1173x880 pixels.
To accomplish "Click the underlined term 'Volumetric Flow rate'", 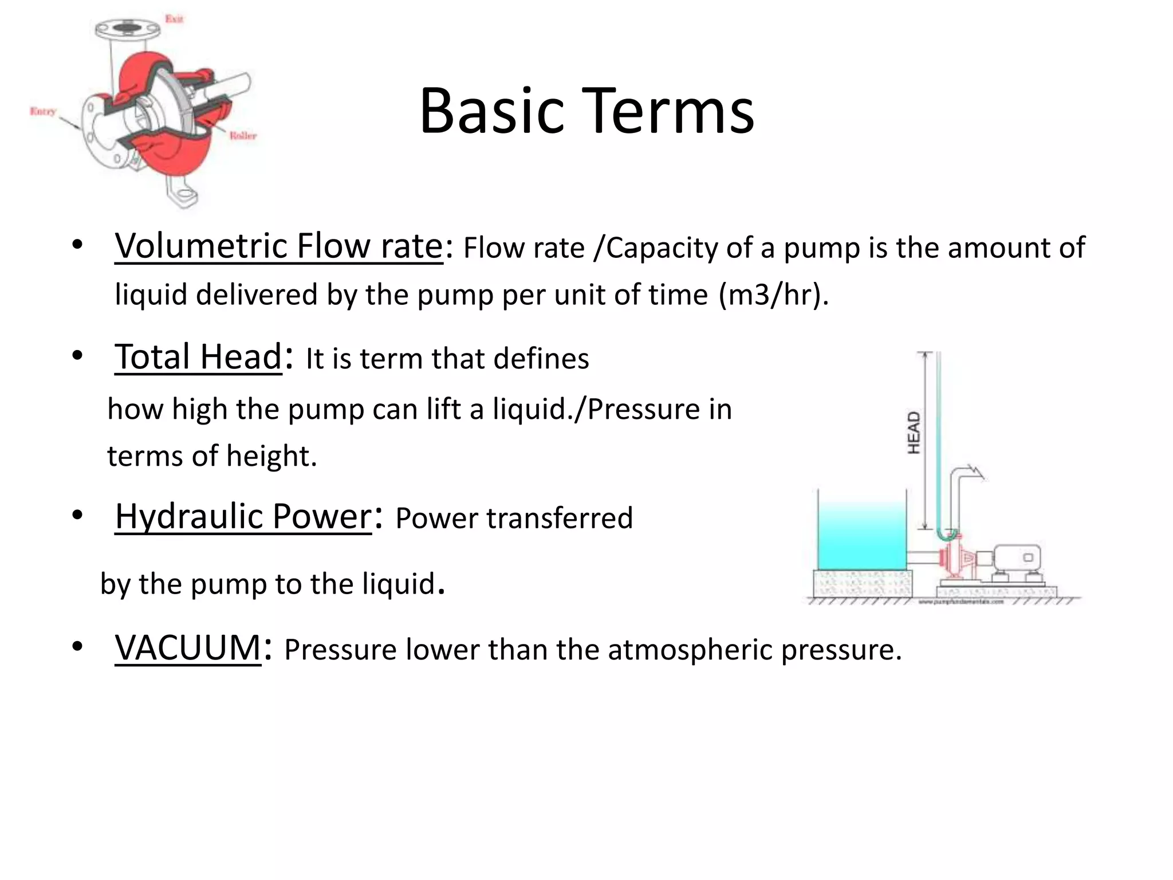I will [x=279, y=246].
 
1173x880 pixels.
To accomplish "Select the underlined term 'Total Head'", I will [x=198, y=357].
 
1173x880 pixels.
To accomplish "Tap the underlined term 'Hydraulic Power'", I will [x=243, y=516].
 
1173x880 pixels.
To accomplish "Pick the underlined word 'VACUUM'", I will [x=188, y=648].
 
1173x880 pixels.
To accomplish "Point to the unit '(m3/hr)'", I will [x=773, y=295].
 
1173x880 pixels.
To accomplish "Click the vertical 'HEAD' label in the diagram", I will [x=914, y=433].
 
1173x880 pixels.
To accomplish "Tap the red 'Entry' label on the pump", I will [x=43, y=111].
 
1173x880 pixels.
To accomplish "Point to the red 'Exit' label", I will [x=174, y=19].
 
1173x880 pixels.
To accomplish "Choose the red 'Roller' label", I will [x=243, y=136].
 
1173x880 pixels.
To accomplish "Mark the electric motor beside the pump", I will [x=1016, y=559].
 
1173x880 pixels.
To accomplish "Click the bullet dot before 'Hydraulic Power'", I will [x=77, y=515].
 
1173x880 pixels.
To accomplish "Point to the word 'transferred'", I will [x=560, y=518].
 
